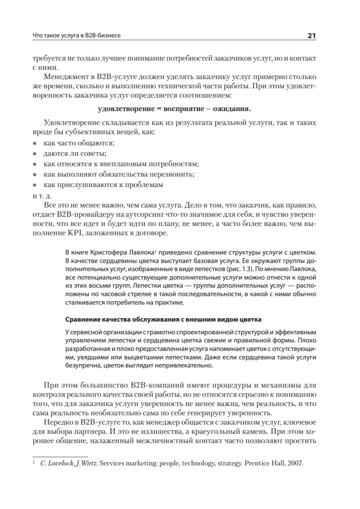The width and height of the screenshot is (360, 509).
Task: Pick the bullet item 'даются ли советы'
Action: (x=75, y=154)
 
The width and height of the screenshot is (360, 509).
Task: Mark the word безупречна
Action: (x=84, y=366)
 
